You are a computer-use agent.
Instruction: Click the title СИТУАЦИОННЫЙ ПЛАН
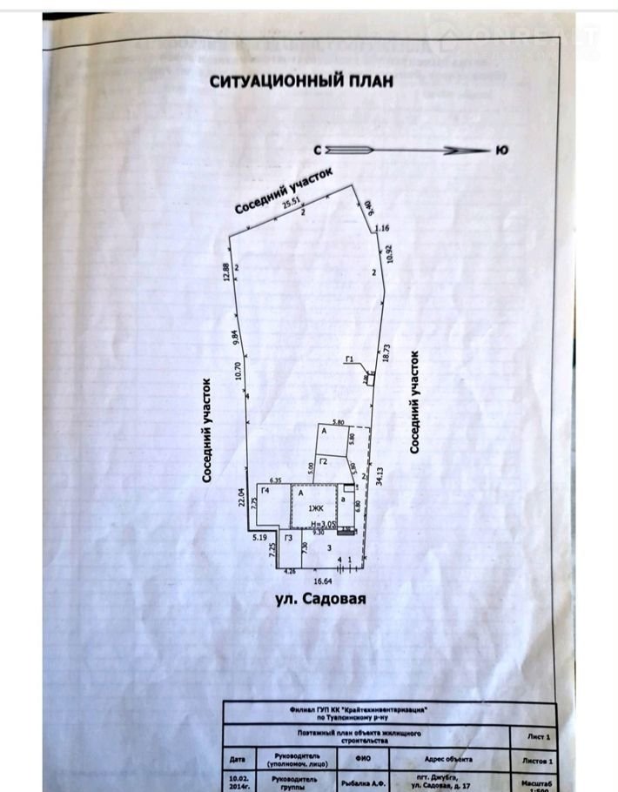[x=301, y=81]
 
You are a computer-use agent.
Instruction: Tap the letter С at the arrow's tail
[x=319, y=151]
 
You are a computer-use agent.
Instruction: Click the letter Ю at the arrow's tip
[x=501, y=151]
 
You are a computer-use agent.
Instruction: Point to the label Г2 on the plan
[x=323, y=460]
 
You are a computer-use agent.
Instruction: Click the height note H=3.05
[x=322, y=524]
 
